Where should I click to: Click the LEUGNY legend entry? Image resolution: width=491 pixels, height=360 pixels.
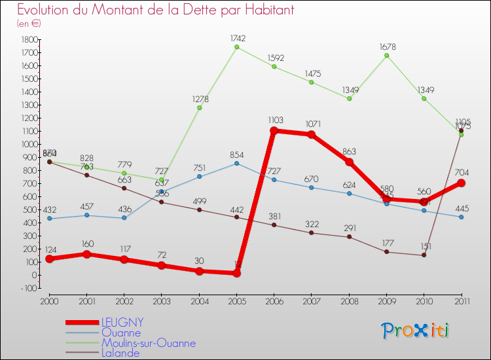click(x=122, y=323)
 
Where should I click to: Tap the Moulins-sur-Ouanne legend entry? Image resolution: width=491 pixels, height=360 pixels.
click(x=148, y=343)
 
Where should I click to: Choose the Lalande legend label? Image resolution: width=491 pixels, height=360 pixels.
click(x=120, y=353)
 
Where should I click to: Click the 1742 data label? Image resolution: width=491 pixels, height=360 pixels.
click(x=237, y=39)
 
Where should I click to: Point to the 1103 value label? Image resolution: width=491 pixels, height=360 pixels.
click(x=275, y=120)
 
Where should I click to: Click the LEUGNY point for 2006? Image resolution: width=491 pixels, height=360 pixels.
click(x=274, y=131)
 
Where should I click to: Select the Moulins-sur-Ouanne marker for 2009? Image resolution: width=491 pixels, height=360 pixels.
click(x=387, y=56)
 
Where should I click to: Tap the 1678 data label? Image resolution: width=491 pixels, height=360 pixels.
click(x=388, y=47)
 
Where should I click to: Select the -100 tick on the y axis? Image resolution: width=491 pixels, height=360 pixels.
click(x=27, y=288)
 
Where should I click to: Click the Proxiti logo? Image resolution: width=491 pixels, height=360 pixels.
click(x=415, y=331)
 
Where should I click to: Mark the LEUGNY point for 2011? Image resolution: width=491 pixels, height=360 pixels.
click(x=462, y=183)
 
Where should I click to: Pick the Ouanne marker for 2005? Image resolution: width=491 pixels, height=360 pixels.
click(x=237, y=163)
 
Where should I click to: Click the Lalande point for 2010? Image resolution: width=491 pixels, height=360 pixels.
click(x=424, y=255)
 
